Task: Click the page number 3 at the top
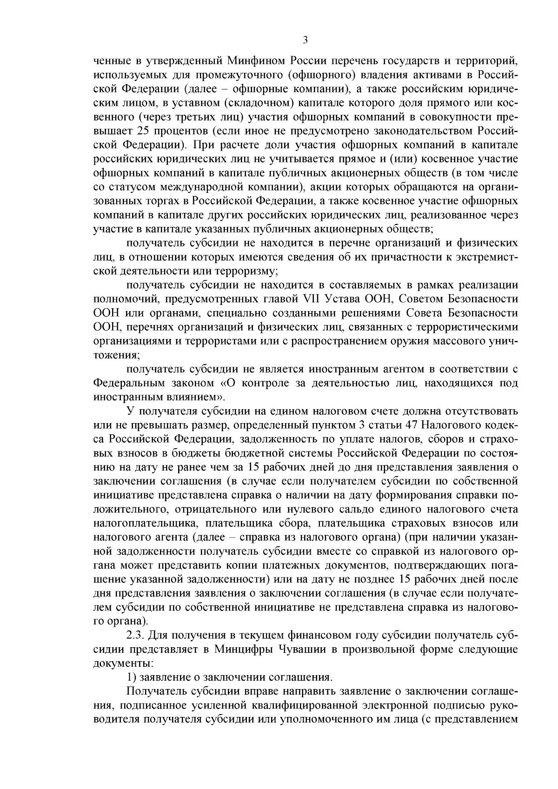[x=305, y=40]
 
